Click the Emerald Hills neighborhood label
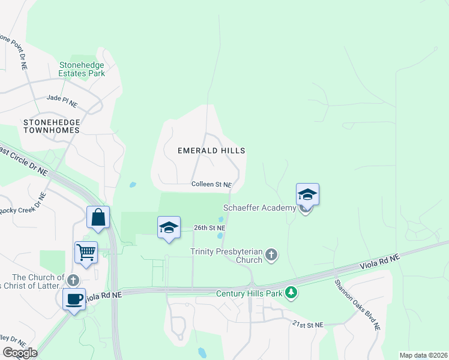[x=211, y=151]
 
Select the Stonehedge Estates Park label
[x=82, y=69]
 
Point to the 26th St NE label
[x=209, y=228]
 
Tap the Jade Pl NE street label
[x=62, y=100]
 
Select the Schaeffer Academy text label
[x=264, y=208]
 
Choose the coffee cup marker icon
[x=74, y=299]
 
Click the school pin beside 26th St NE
[x=169, y=227]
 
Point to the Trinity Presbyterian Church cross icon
[x=271, y=255]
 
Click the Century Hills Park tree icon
[x=291, y=293]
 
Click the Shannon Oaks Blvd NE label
[x=358, y=305]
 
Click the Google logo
[x=20, y=353]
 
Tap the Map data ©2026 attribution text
[x=423, y=355]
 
